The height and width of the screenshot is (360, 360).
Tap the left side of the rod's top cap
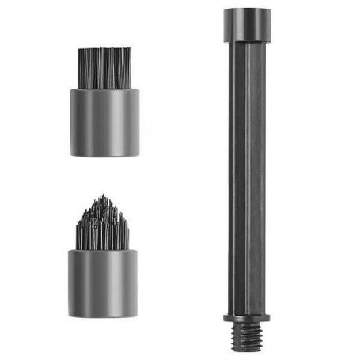[226, 25]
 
